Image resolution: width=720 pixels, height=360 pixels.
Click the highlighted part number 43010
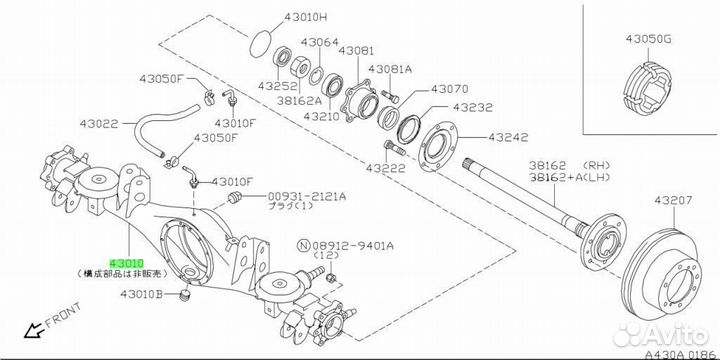tap(127, 264)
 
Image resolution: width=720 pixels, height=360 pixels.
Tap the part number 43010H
tap(305, 18)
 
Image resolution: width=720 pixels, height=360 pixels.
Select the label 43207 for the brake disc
tap(673, 200)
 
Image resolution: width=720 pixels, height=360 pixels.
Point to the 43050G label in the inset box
tap(648, 39)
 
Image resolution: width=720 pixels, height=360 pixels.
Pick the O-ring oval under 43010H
tap(261, 44)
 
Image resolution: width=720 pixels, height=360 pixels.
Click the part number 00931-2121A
tap(307, 197)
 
